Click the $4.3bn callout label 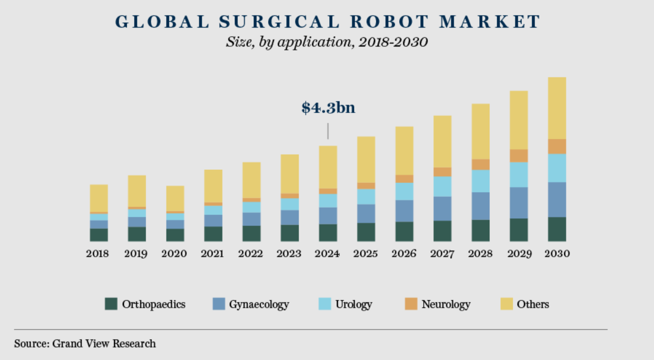point(328,107)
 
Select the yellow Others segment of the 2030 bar point(557,108)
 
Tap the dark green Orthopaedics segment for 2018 point(99,235)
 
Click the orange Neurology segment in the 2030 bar point(557,147)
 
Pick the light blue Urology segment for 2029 point(519,175)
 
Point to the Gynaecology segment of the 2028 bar point(480,206)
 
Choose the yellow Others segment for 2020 point(175,198)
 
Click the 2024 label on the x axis point(327,254)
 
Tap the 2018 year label point(98,254)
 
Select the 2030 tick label point(557,254)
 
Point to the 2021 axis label point(213,254)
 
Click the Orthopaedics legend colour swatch point(111,304)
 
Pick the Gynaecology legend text point(259,305)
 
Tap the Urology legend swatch point(325,304)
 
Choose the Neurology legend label point(446,305)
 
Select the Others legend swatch point(507,304)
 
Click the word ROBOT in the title point(389,22)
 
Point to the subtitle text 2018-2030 point(393,42)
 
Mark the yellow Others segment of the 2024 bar point(328,167)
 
